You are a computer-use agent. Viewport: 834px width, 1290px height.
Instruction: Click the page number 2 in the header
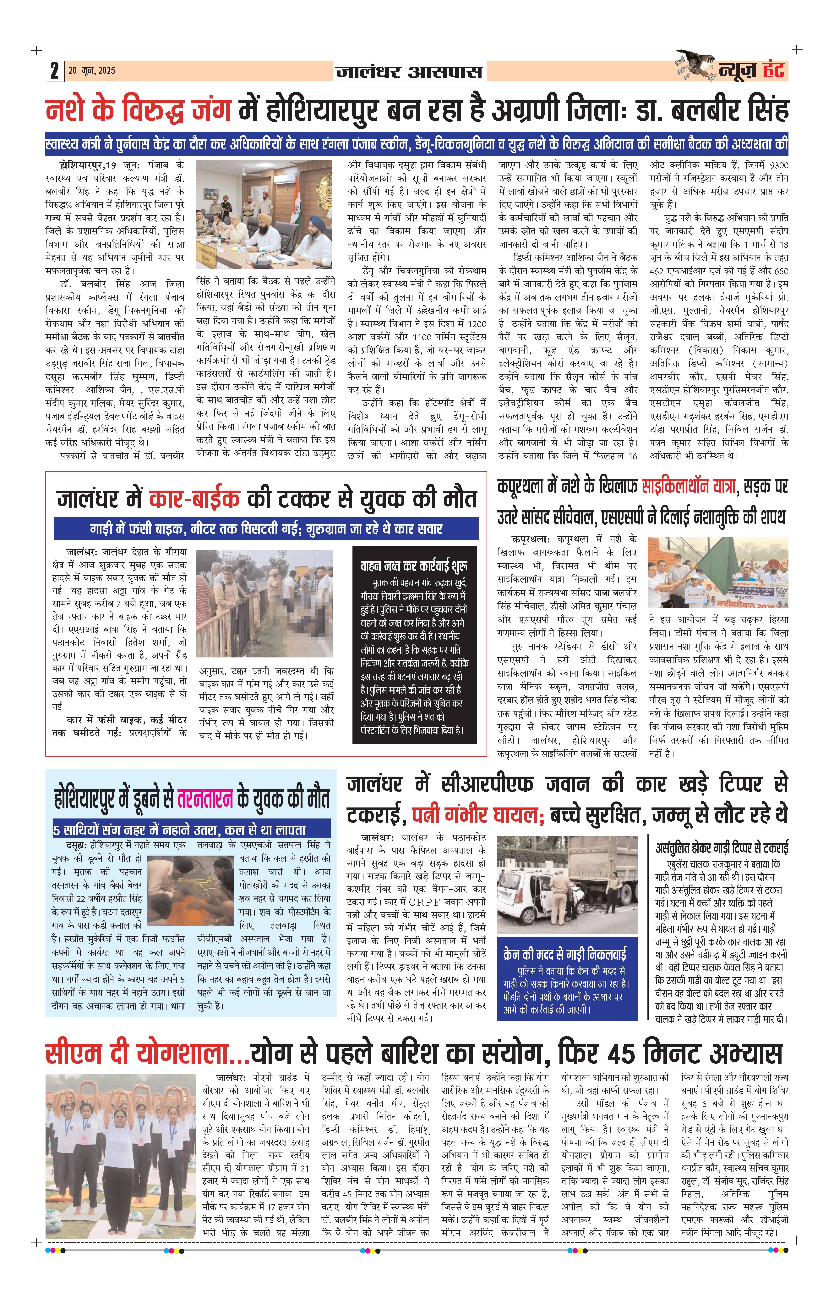(x=54, y=71)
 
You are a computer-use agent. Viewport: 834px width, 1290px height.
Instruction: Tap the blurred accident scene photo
(x=264, y=603)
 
